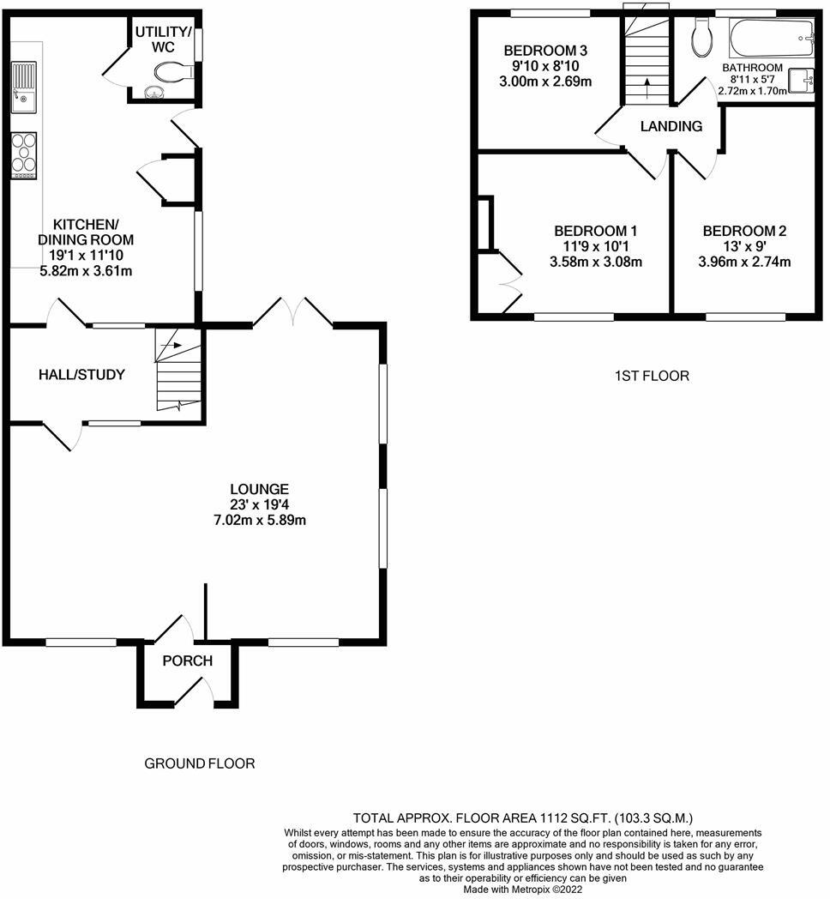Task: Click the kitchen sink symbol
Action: (24, 87)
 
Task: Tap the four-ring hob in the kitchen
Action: (24, 155)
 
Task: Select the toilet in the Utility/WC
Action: (177, 72)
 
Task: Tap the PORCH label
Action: (188, 661)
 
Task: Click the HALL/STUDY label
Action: (81, 375)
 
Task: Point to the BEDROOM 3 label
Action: (548, 49)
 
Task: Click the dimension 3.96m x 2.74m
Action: (744, 262)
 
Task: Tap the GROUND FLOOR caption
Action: (199, 763)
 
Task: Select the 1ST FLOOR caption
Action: (652, 376)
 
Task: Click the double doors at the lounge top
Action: (292, 313)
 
